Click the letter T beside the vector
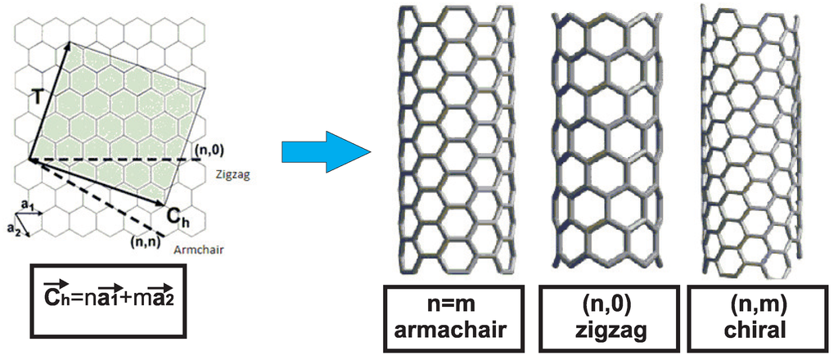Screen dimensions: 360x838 [38, 97]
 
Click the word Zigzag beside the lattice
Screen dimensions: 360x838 [231, 174]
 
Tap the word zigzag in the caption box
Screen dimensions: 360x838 [602, 331]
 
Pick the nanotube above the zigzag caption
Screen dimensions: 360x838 [601, 139]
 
